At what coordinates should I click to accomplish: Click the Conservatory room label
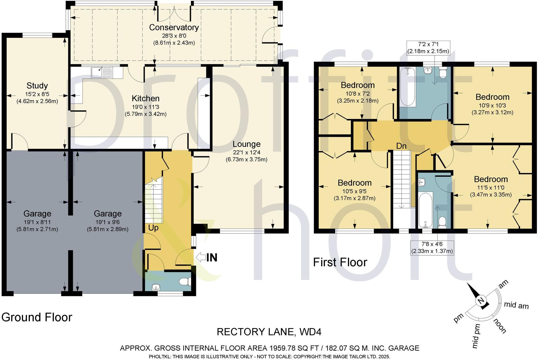click(174, 28)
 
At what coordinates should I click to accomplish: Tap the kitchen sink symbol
click(102, 72)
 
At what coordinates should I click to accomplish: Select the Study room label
click(37, 86)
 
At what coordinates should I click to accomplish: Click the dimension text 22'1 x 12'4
click(246, 153)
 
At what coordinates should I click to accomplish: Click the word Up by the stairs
click(153, 228)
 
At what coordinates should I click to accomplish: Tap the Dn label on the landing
click(401, 146)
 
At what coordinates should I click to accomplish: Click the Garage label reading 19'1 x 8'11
click(37, 214)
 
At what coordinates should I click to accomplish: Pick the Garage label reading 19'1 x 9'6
click(108, 214)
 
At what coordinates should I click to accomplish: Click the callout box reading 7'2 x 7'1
click(428, 48)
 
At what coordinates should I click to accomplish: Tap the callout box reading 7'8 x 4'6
click(432, 248)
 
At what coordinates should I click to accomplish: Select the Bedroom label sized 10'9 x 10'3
click(492, 97)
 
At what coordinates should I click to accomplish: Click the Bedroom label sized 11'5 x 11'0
click(491, 179)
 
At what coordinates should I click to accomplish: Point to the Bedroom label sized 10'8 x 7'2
click(358, 85)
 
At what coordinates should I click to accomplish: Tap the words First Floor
click(340, 262)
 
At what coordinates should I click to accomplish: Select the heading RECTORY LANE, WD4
click(269, 332)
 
